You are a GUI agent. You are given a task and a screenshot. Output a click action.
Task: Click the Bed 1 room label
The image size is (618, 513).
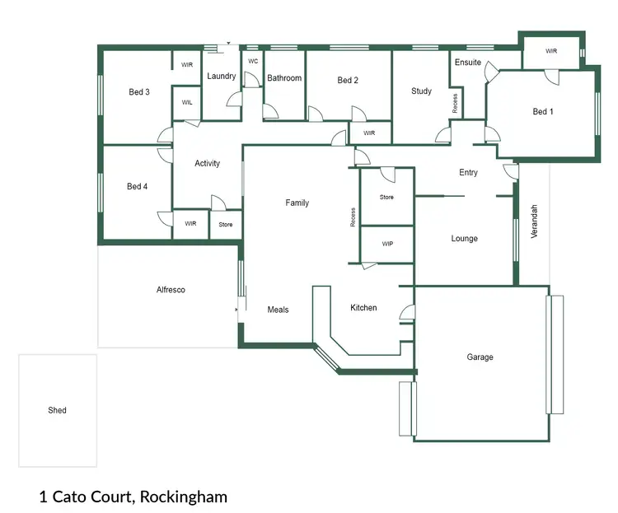541,111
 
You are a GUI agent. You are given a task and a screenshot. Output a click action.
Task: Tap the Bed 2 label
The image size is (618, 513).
348,81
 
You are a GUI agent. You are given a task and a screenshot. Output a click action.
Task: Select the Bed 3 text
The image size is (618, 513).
138,91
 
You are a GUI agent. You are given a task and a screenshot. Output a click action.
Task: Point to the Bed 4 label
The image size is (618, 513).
137,187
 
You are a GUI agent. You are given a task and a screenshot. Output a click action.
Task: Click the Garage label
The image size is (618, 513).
480,357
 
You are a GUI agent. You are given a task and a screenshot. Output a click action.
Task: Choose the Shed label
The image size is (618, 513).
57,410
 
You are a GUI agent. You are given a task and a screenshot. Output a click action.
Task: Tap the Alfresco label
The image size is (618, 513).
171,290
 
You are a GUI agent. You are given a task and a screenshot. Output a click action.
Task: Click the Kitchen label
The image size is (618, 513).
363,308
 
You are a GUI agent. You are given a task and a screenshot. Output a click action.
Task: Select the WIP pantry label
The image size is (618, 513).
386,245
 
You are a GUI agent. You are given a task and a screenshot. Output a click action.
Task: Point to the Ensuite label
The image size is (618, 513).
467,63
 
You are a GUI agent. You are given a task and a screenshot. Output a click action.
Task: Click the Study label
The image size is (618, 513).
421,91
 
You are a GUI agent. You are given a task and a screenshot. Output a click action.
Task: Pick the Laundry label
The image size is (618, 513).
222,77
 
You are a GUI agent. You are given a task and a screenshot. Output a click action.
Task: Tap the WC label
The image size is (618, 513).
253,60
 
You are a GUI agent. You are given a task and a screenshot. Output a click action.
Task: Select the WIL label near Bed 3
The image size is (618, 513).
187,103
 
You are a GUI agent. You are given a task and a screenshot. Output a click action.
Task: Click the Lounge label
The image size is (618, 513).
464,239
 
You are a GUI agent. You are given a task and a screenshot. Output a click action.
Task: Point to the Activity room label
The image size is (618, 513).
207,163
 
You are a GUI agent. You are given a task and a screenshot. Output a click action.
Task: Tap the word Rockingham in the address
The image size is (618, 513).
184,497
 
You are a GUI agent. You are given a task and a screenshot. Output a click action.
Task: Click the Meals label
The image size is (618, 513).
278,310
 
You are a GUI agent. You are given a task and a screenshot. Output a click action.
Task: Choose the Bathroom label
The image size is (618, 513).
284,78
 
